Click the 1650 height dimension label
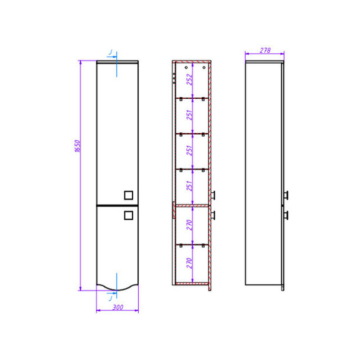tap(78, 146)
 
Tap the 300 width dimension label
tap(118, 307)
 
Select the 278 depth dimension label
tap(265, 50)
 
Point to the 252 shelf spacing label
tap(190, 80)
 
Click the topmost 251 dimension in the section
tap(190, 115)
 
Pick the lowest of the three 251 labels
tap(190, 186)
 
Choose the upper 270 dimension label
tap(190, 225)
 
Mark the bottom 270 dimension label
tap(190, 263)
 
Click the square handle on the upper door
tap(129, 195)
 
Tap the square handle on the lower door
tap(129, 215)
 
